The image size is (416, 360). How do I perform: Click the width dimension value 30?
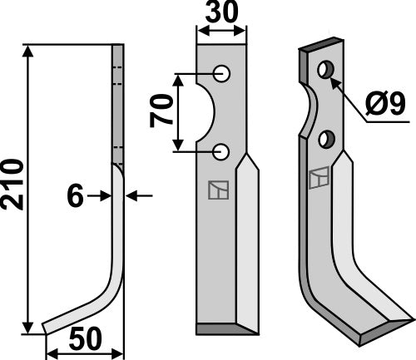[x=221, y=14]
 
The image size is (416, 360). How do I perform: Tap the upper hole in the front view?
[x=222, y=74]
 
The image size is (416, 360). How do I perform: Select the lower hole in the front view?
[x=222, y=151]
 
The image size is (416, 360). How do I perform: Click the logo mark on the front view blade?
[x=216, y=190]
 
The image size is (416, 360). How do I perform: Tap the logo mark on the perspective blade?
[x=319, y=178]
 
